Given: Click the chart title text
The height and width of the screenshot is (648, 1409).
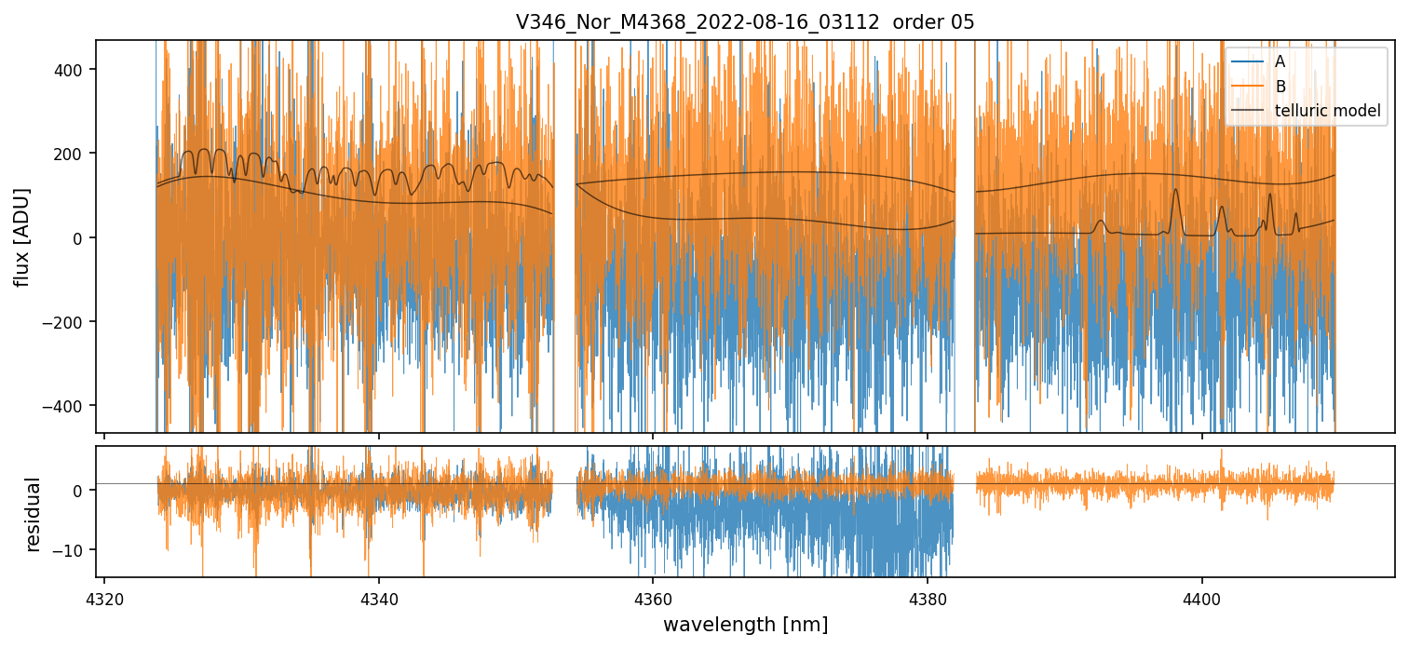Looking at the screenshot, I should tap(745, 22).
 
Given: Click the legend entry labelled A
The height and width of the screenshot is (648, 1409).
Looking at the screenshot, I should tap(1280, 61).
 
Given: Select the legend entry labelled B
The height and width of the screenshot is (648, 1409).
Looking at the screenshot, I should tap(1280, 87).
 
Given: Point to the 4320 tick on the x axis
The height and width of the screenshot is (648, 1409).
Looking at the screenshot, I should tap(104, 597).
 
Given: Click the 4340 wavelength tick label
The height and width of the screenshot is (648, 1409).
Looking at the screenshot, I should tap(378, 597).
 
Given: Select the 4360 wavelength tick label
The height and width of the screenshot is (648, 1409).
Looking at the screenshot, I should tap(653, 597).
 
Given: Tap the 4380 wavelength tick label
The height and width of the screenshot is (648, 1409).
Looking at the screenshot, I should tap(928, 597).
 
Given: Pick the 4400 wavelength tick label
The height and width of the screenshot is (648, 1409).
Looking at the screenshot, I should tap(1201, 597).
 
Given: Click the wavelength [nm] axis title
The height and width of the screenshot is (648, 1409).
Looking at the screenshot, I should tap(745, 624).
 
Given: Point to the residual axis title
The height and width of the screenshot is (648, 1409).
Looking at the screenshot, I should tap(34, 514).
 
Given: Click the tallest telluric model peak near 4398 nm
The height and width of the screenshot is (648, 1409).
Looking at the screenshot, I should tap(1175, 191).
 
